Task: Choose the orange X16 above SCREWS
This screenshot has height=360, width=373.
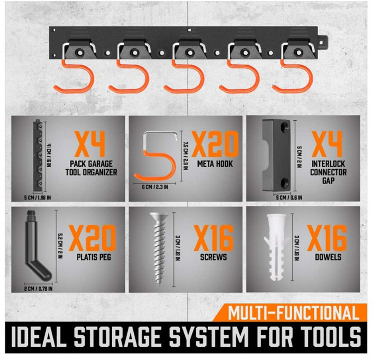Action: click(x=214, y=238)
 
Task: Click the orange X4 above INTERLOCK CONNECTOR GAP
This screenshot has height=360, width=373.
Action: click(x=328, y=143)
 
